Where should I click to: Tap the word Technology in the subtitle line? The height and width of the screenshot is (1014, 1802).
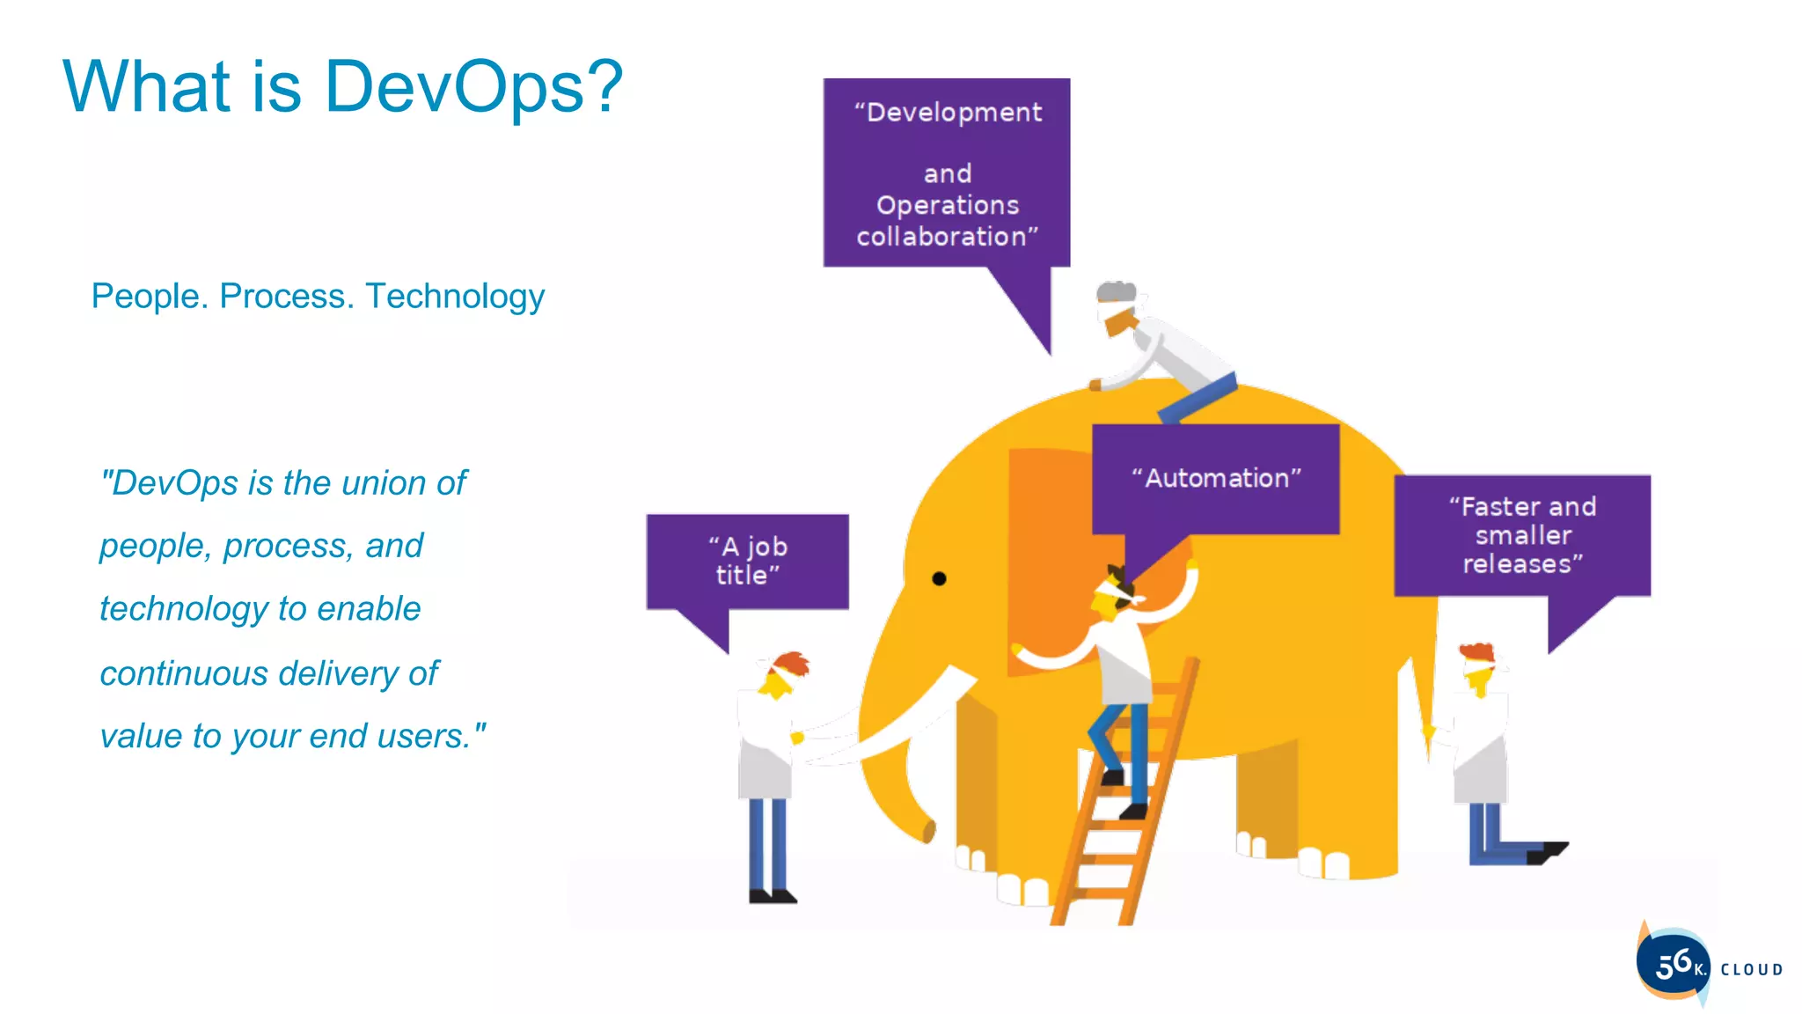[x=454, y=297]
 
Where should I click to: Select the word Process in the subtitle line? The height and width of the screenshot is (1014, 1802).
[x=286, y=297]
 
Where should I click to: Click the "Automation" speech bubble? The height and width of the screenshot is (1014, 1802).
[x=1215, y=479]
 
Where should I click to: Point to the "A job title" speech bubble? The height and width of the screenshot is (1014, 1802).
[x=747, y=561]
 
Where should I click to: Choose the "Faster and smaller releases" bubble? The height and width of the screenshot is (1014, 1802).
[x=1522, y=535]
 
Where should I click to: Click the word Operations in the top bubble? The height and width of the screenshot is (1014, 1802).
[x=947, y=205]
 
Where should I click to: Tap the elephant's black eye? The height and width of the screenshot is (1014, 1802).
[x=939, y=578]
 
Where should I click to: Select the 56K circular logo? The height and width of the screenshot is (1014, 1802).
[x=1673, y=964]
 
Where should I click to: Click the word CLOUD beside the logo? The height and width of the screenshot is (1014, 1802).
[x=1751, y=970]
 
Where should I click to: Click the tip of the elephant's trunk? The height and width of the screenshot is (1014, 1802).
[x=927, y=831]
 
